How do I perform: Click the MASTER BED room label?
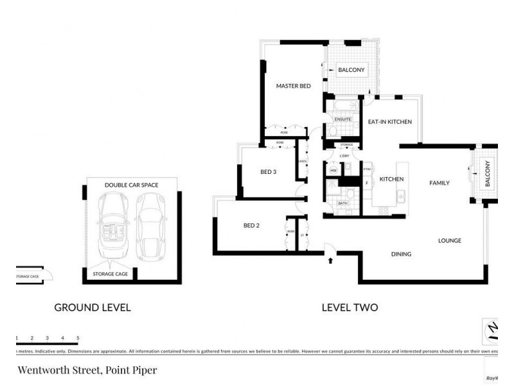pyautogui.click(x=294, y=85)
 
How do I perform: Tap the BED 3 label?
pyautogui.click(x=268, y=171)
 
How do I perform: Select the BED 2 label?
pyautogui.click(x=251, y=225)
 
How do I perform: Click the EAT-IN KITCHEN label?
pyautogui.click(x=389, y=122)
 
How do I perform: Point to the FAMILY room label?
pyautogui.click(x=439, y=183)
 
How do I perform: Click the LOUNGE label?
pyautogui.click(x=450, y=241)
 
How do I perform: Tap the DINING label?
pyautogui.click(x=401, y=254)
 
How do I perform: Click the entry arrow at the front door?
pyautogui.click(x=331, y=261)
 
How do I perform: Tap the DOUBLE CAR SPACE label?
pyautogui.click(x=131, y=185)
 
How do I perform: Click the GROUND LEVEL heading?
pyautogui.click(x=93, y=307)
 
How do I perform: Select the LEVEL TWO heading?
pyautogui.click(x=350, y=307)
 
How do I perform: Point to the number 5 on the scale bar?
pyautogui.click(x=78, y=338)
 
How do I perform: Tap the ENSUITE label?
pyautogui.click(x=342, y=120)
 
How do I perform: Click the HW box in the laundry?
pyautogui.click(x=333, y=171)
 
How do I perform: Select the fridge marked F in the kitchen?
pyautogui.click(x=367, y=183)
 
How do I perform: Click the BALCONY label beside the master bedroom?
pyautogui.click(x=351, y=70)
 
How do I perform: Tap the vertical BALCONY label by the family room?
pyautogui.click(x=487, y=174)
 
